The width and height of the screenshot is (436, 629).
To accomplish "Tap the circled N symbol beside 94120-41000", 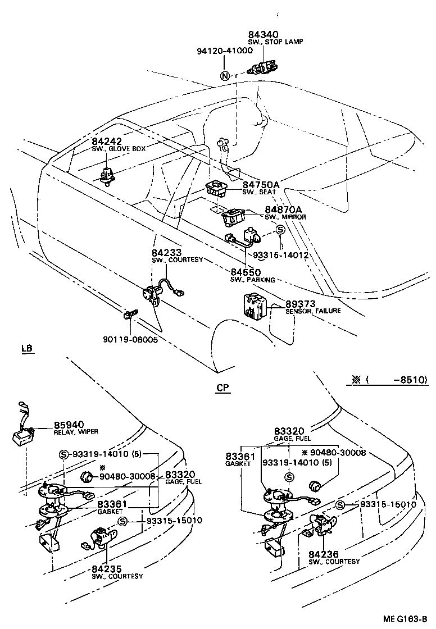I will pos(225,77).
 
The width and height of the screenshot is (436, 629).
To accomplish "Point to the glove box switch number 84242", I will pos(107,141).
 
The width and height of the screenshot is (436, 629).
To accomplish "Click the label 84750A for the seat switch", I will pos(261,184).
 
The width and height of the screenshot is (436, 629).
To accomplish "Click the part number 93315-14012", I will pos(281,255).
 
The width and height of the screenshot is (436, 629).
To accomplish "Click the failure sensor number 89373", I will pos(301,304).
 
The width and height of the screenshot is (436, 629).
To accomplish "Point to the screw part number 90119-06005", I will pos(130,340).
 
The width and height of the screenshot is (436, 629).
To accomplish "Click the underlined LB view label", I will pos(28,348).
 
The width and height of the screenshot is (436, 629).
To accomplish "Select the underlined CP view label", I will pos(222,388).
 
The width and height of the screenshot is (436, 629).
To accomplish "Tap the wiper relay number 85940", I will pos(69,424).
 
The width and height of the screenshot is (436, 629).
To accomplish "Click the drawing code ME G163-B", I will pos(405,619).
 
